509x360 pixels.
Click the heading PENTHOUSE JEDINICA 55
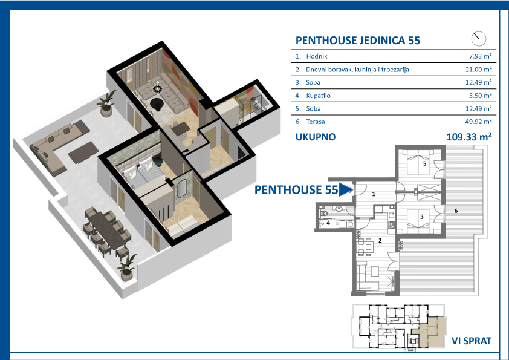click(x=358, y=41)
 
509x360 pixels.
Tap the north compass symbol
click(x=479, y=39)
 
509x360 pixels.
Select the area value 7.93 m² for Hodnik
click(x=480, y=56)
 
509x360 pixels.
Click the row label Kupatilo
click(x=318, y=96)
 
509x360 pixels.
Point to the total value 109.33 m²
click(x=468, y=137)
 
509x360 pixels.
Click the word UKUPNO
click(x=315, y=137)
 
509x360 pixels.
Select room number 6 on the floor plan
click(x=456, y=211)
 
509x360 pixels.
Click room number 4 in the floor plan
click(x=328, y=223)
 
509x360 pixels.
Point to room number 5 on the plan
click(x=424, y=164)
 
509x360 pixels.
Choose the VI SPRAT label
click(x=472, y=341)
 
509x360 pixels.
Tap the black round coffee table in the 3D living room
click(x=157, y=104)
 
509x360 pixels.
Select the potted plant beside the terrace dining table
click(x=127, y=269)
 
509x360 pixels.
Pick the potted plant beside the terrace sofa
click(x=106, y=104)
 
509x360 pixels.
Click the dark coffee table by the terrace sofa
click(x=83, y=152)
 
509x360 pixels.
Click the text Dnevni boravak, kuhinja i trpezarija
click(x=357, y=70)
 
